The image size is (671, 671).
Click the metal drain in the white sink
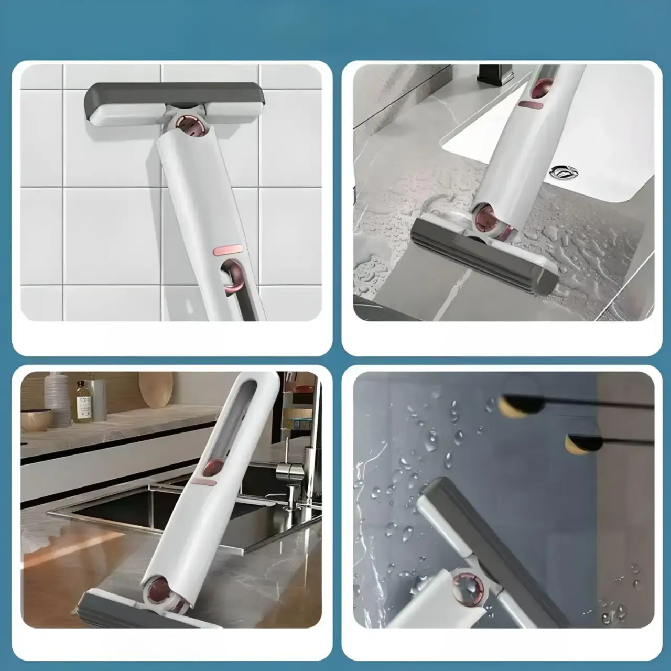pos(561,171)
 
